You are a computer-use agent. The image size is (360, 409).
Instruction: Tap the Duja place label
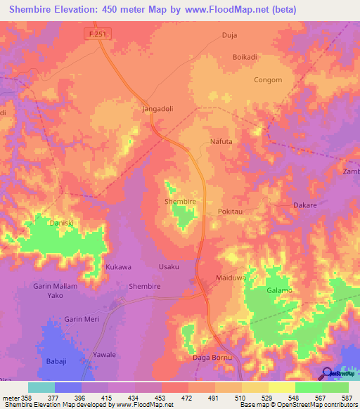click(x=229, y=34)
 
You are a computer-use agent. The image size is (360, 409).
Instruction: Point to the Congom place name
click(x=267, y=80)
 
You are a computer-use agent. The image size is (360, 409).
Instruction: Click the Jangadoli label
click(x=158, y=110)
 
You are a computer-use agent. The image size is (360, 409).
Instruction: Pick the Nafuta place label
click(x=221, y=141)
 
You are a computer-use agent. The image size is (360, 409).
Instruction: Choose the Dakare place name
click(x=304, y=205)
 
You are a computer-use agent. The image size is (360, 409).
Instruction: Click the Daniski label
click(x=61, y=223)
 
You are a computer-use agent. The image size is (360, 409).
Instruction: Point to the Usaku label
click(x=169, y=267)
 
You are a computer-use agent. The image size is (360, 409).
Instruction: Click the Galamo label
click(x=279, y=290)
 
